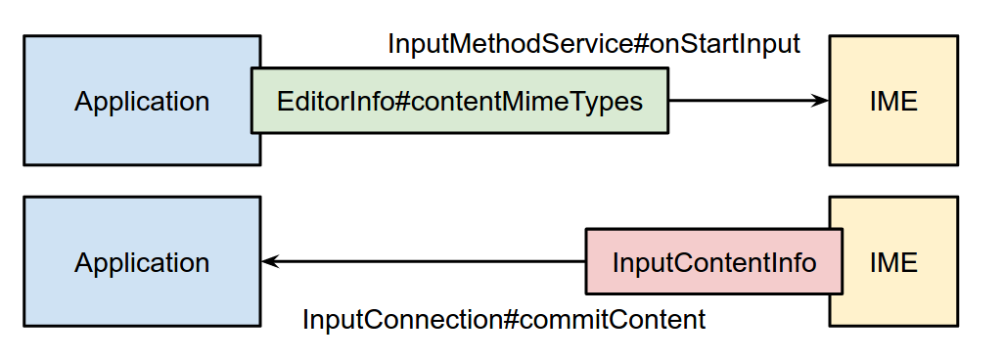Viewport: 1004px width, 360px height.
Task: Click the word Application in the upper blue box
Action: click(x=142, y=101)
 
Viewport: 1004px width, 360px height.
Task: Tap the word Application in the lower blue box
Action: click(x=142, y=262)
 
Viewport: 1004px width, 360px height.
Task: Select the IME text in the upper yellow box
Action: click(x=893, y=101)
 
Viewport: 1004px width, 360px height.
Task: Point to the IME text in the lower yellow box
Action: click(x=893, y=262)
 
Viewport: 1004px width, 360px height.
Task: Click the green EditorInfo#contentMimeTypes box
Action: click(x=460, y=101)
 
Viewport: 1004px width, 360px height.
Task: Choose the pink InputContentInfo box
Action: click(x=713, y=262)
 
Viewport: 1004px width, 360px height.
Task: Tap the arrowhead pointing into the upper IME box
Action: click(x=820, y=100)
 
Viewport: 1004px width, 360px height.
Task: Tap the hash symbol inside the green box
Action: click(x=394, y=101)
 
